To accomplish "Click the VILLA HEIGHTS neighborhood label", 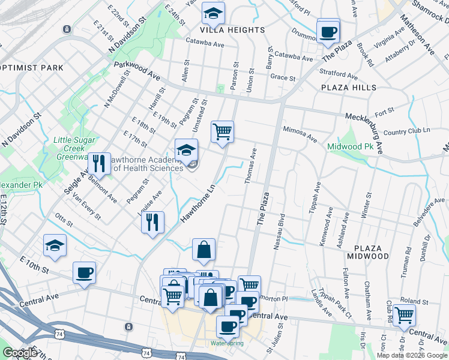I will click(x=234, y=30).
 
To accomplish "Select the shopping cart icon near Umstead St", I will click(x=222, y=131).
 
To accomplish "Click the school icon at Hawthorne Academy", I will click(x=187, y=150).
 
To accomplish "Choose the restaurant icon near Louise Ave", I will click(x=152, y=222).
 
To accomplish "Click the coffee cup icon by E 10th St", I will click(x=84, y=273).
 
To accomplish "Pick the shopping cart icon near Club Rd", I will click(x=403, y=313).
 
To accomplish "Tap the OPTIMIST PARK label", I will click(x=31, y=68).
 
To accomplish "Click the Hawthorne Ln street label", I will click(x=199, y=204).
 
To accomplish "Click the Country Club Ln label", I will click(x=406, y=131).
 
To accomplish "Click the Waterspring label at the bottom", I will click(x=227, y=343).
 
